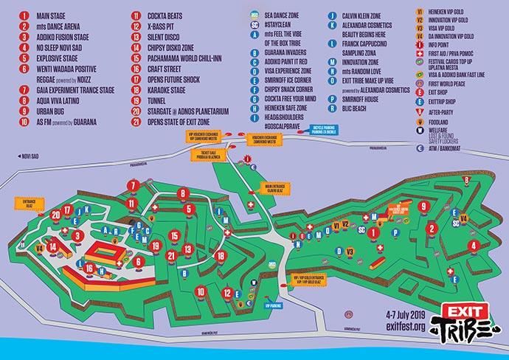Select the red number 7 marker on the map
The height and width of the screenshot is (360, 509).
click(x=132, y=185)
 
